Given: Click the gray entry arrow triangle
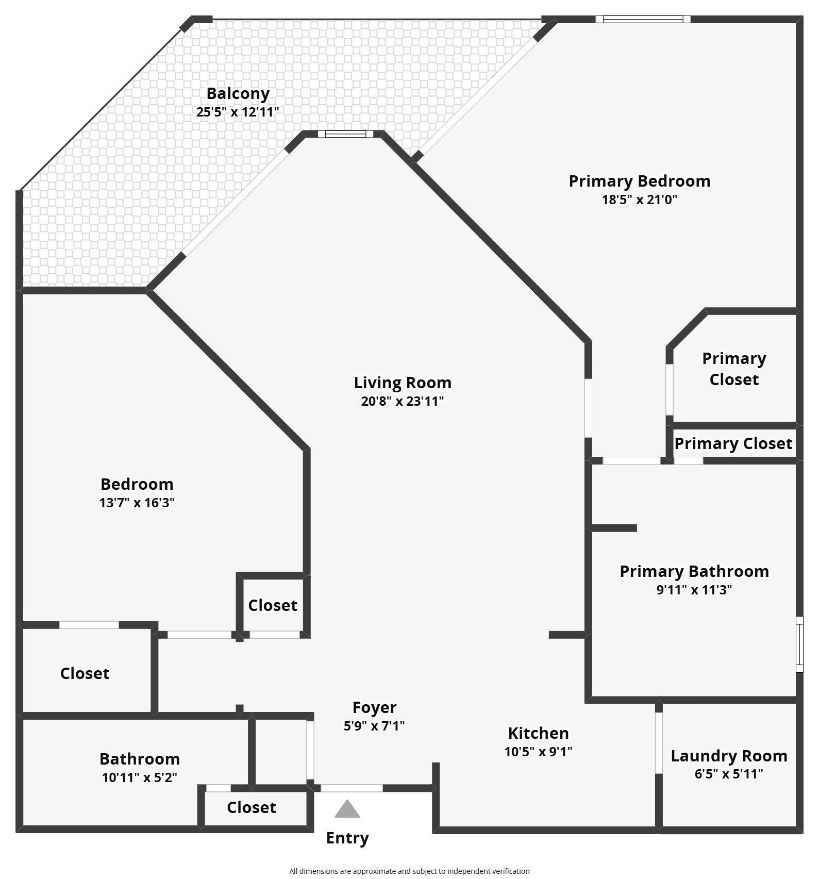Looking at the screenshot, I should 347,809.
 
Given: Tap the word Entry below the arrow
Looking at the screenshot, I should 347,838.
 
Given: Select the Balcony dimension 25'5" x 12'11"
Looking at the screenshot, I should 238,112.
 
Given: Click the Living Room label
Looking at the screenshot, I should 403,383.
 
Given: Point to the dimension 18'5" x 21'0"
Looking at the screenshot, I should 639,200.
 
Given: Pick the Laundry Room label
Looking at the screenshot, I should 729,756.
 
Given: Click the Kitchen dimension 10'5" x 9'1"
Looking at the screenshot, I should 538,752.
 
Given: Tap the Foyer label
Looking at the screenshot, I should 374,707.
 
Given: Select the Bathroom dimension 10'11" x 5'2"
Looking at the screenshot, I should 140,777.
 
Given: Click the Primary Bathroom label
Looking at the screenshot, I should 694,571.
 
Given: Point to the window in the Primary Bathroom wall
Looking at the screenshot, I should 799,644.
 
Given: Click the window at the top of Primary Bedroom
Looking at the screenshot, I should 643,20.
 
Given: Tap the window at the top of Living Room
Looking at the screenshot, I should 345,134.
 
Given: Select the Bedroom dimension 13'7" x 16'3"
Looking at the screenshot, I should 137,503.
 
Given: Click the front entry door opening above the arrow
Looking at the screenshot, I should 352,788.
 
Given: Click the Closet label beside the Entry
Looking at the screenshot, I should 252,807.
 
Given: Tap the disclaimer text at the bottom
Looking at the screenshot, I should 409,871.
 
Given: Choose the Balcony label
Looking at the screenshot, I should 238,93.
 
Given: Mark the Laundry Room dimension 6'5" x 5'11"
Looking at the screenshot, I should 729,774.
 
